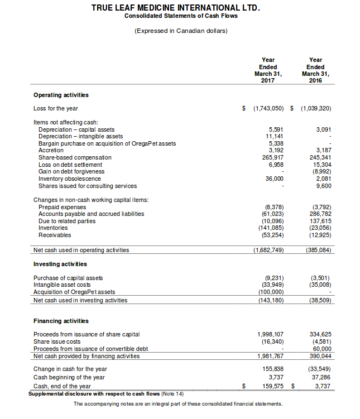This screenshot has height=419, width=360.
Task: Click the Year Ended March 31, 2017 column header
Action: pyautogui.click(x=268, y=70)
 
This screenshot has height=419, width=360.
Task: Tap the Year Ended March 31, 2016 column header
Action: pyautogui.click(x=315, y=70)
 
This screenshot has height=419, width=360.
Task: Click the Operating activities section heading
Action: pyautogui.click(x=61, y=95)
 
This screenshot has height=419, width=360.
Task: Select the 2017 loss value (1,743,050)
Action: pyautogui.click(x=269, y=108)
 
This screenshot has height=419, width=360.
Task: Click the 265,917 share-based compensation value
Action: pyautogui.click(x=272, y=157)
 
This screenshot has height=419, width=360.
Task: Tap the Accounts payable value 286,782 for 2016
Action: pyautogui.click(x=320, y=214)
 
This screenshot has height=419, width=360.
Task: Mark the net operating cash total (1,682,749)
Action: pyautogui.click(x=267, y=250)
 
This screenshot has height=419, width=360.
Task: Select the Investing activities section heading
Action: pyautogui.click(x=60, y=263)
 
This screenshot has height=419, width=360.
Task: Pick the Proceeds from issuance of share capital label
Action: pyautogui.click(x=87, y=334)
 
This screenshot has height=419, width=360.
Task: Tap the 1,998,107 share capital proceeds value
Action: pyautogui.click(x=270, y=334)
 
